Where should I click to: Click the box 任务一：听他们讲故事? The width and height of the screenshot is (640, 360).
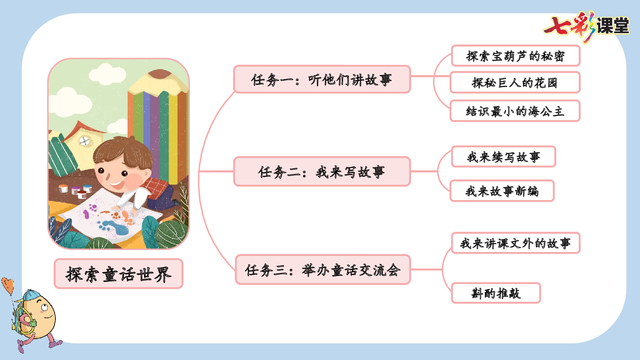pos(322,79)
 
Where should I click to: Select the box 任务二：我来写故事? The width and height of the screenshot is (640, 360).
pos(322,171)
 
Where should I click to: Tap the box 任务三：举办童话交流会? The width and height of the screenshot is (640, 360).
pos(323,270)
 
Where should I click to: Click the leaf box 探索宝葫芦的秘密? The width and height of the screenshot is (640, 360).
pos(515,56)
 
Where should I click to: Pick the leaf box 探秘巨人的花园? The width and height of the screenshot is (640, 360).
pos(515,83)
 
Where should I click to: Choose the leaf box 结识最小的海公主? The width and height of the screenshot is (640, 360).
pos(515,111)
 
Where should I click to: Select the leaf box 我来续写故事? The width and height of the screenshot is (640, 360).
pos(503,157)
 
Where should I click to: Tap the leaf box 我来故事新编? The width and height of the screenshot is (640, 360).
pos(502,191)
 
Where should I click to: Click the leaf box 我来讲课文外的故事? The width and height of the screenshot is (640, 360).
pos(515,243)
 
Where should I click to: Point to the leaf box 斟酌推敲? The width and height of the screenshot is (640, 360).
pos(496,293)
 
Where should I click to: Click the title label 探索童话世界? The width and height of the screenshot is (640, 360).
pos(119,274)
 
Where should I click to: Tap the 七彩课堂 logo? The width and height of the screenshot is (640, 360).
pos(587,26)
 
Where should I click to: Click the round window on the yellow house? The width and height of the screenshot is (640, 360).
pos(84,141)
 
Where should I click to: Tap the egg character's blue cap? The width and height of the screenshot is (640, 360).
pos(30,295)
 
